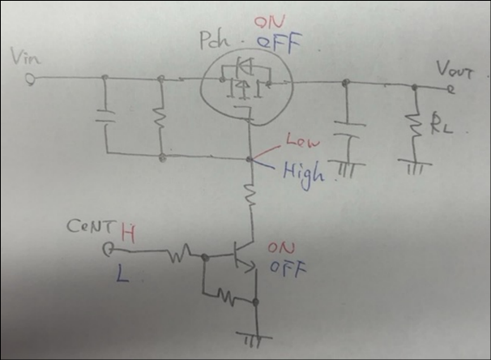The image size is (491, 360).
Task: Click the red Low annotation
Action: click(x=297, y=146)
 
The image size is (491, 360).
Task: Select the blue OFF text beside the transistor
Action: click(x=283, y=267)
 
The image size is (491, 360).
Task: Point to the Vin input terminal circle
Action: click(x=30, y=79)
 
